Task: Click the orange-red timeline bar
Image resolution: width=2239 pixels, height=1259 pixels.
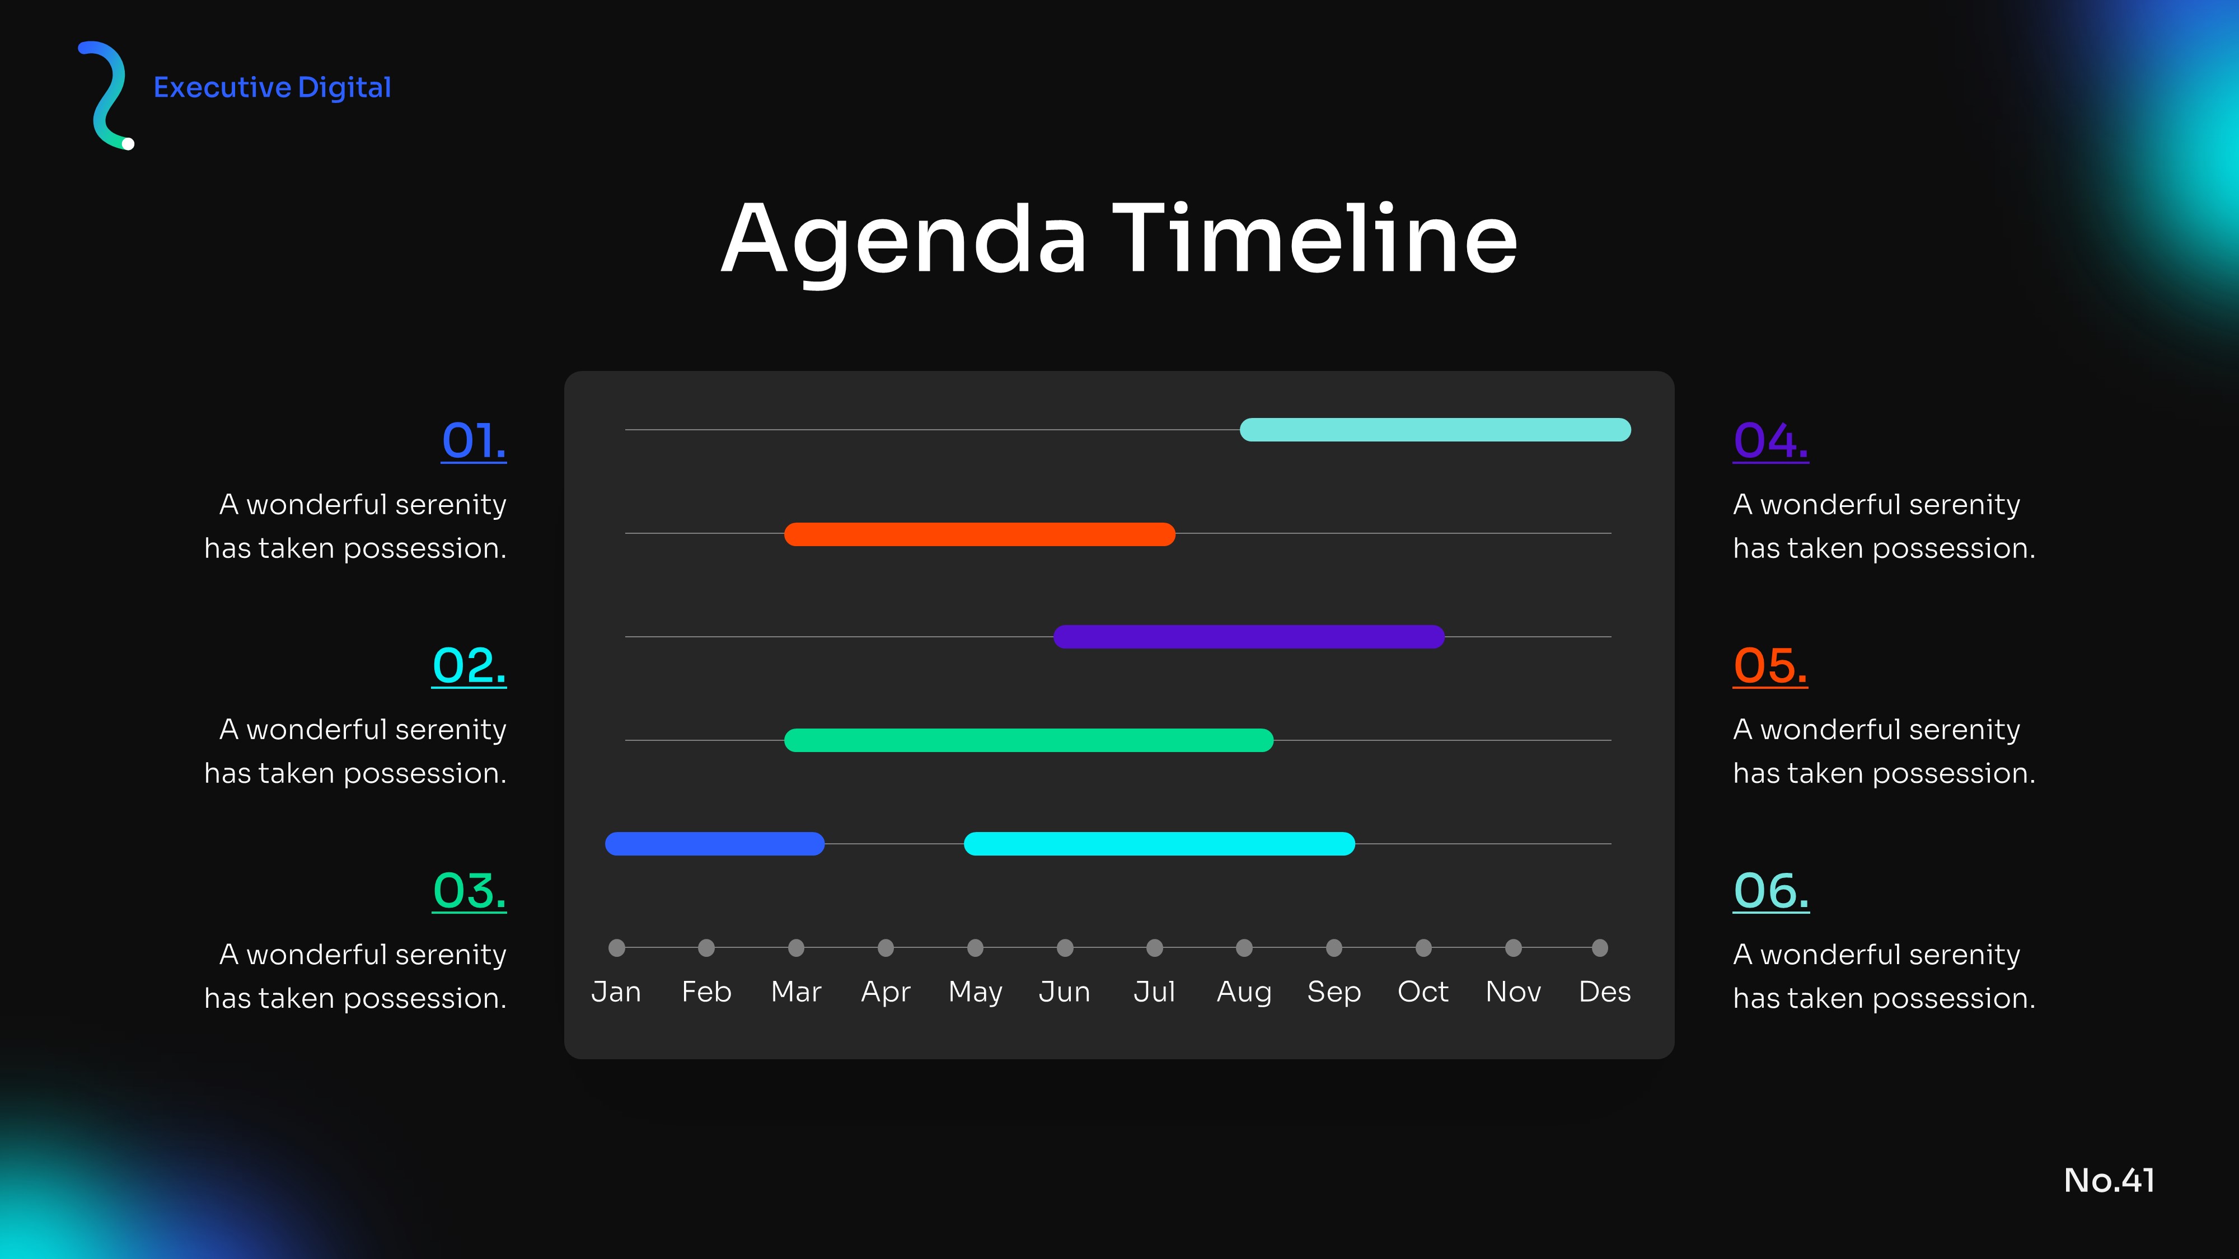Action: click(980, 533)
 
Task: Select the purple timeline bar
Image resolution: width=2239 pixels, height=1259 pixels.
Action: click(1248, 637)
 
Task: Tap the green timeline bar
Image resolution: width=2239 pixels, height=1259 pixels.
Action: click(1028, 740)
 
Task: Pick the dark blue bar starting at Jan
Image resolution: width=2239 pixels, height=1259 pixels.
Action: click(714, 844)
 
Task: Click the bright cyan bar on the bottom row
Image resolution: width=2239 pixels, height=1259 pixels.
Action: click(1159, 844)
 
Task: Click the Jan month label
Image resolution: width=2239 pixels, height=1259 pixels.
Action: click(616, 992)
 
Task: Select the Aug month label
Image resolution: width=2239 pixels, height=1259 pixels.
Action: click(1244, 992)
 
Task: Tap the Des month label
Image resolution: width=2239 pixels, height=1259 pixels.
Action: click(1604, 992)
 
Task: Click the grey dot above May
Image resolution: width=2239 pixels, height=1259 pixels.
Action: click(975, 948)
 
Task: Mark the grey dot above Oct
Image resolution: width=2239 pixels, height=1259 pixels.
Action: click(1423, 948)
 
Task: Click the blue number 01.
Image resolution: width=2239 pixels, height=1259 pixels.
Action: click(474, 441)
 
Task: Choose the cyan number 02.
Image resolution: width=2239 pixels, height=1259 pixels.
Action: click(470, 666)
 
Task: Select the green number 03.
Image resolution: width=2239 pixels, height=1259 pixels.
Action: click(470, 891)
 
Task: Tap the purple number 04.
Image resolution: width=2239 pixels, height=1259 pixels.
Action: click(1770, 441)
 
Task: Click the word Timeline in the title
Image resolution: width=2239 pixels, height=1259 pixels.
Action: click(1314, 239)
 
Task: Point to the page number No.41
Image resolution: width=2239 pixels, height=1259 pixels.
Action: click(2110, 1180)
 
